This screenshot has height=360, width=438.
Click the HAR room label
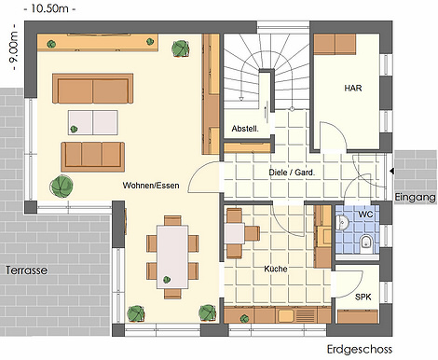(353, 88)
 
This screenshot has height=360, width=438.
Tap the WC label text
(365, 215)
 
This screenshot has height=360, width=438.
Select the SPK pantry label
(363, 297)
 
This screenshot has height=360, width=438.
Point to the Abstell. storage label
(245, 129)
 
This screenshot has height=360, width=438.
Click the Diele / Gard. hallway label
(292, 173)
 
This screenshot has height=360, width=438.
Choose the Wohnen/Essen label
(151, 186)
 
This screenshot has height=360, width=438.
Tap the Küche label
(276, 269)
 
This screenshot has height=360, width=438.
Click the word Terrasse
(26, 270)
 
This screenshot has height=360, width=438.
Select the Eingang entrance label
(415, 197)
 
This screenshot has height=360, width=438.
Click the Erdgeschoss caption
(360, 350)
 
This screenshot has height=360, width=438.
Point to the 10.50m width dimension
(49, 8)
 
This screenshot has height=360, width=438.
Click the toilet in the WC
(366, 242)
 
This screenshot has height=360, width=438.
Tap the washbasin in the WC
(342, 222)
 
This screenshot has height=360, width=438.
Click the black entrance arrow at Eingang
(392, 171)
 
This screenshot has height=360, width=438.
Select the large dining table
(172, 256)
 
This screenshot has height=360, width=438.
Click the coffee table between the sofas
(93, 122)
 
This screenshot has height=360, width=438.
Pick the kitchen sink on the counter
(286, 315)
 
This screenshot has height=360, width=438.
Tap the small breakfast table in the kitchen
(235, 233)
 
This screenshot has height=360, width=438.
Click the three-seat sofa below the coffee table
(93, 157)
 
